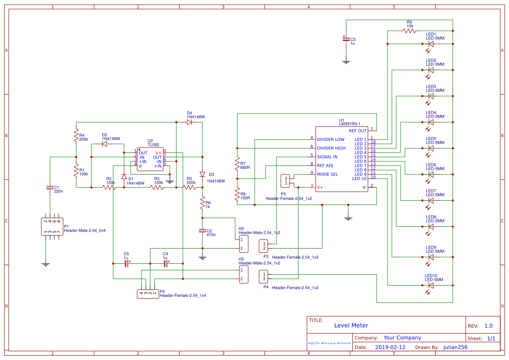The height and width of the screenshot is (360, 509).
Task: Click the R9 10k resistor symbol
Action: pyautogui.click(x=410, y=31)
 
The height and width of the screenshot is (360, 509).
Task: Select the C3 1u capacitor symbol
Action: pyautogui.click(x=346, y=39)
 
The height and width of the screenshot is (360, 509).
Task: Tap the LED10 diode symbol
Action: pyautogui.click(x=431, y=286)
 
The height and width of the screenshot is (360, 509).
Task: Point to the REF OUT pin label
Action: pyautogui.click(x=357, y=131)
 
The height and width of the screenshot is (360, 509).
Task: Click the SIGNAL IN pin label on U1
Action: pyautogui.click(x=327, y=157)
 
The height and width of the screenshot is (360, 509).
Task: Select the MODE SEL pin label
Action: pyautogui.click(x=327, y=174)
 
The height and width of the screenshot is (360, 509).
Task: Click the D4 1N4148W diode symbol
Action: pyautogui.click(x=189, y=122)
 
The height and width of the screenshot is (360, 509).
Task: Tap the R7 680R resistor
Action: pyautogui.click(x=237, y=165)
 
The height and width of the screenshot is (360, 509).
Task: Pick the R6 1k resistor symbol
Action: pyautogui.click(x=202, y=202)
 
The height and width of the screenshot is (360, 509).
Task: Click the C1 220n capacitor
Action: pyautogui.click(x=50, y=188)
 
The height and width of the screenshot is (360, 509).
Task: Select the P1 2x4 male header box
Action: pyautogui.click(x=52, y=226)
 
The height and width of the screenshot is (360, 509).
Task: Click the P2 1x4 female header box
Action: pyautogui.click(x=148, y=294)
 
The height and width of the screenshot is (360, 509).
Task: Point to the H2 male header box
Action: pyautogui.click(x=243, y=244)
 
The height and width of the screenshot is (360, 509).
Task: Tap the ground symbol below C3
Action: pyautogui.click(x=346, y=62)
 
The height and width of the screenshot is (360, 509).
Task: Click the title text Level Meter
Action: pyautogui.click(x=351, y=325)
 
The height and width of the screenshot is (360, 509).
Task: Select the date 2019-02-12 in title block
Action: pyautogui.click(x=390, y=347)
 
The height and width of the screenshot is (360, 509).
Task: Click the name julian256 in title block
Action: pyautogui.click(x=455, y=347)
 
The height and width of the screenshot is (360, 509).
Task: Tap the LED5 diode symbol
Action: pyautogui.click(x=431, y=148)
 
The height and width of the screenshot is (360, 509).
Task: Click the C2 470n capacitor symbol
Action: pyautogui.click(x=202, y=231)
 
